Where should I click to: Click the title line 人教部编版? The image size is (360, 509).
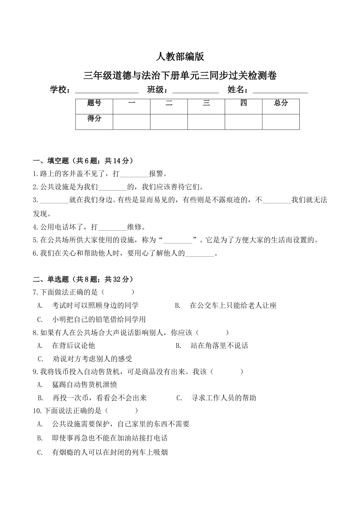tap(180, 57)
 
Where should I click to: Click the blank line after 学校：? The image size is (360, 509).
tap(107, 91)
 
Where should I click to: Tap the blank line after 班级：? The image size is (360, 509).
tap(196, 91)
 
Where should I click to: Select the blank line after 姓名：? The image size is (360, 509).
tap(280, 91)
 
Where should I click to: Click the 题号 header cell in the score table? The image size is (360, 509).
tap(94, 103)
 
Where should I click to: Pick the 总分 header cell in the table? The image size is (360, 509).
tap(281, 103)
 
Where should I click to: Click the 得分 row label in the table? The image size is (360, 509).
tap(94, 119)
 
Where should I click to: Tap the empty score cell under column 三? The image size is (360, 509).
tap(206, 122)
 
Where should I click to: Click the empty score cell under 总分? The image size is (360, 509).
tap(281, 122)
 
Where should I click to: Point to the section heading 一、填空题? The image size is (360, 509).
tap(83, 161)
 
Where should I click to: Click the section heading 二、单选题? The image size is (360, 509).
tap(83, 279)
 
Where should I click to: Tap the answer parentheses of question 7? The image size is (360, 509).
tap(118, 292)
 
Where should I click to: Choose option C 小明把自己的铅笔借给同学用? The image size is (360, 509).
tap(99, 319)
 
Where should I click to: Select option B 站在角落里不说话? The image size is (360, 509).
tap(219, 346)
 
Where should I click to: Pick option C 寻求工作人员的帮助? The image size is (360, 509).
tap(224, 398)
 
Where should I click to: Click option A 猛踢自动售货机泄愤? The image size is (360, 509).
tap(84, 385)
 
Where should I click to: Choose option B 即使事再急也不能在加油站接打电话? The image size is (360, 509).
tap(110, 438)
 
